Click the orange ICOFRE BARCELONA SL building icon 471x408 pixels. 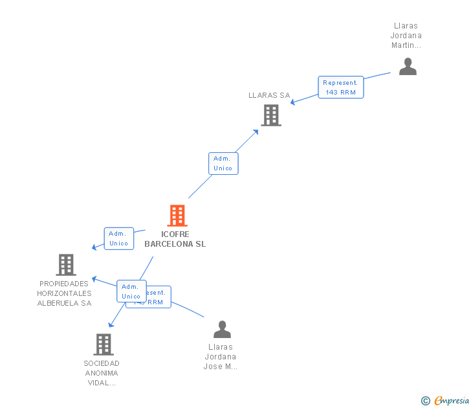pyautogui.click(x=177, y=216)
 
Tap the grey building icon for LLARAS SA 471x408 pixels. pyautogui.click(x=271, y=115)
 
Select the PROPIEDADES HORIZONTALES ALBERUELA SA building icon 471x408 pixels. pyautogui.click(x=65, y=265)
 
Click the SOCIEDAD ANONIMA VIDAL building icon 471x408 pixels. pyautogui.click(x=104, y=345)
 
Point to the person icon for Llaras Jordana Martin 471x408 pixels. pyautogui.click(x=408, y=67)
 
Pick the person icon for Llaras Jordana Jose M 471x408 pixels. pyautogui.click(x=222, y=330)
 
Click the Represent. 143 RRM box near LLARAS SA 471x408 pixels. pyautogui.click(x=341, y=87)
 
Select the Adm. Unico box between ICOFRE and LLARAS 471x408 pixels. pyautogui.click(x=223, y=163)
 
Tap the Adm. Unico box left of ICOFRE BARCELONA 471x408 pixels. pyautogui.click(x=119, y=238)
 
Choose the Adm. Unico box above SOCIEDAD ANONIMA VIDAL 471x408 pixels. pyautogui.click(x=131, y=291)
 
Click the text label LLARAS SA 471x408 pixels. pyautogui.click(x=270, y=95)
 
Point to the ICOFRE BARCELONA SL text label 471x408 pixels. pyautogui.click(x=175, y=239)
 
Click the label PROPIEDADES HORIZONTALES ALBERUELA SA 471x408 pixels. pyautogui.click(x=65, y=293)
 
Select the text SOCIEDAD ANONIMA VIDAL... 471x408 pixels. pyautogui.click(x=102, y=373)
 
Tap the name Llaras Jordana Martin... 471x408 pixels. pyautogui.click(x=406, y=36)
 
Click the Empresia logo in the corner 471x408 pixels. pyautogui.click(x=451, y=401)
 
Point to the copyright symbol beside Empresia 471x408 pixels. pyautogui.click(x=425, y=401)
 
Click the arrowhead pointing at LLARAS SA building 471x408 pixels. pyautogui.click(x=256, y=131)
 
